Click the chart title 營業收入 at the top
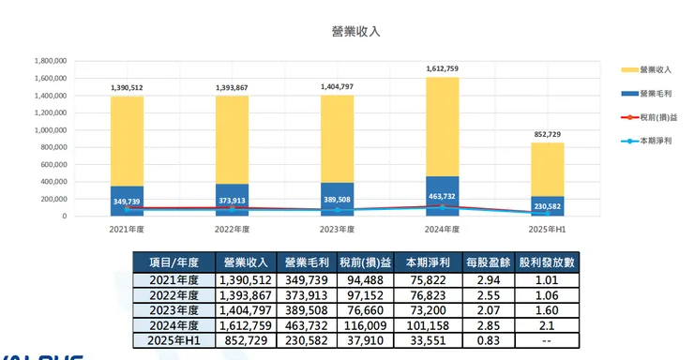[x=355, y=31]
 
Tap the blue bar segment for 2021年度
[x=127, y=201]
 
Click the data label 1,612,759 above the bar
[x=443, y=68]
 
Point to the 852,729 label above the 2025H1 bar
[x=548, y=134]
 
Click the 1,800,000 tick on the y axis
[x=50, y=60]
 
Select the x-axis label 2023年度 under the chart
[x=338, y=228]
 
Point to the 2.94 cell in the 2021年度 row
[x=482, y=279]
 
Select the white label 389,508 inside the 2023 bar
[x=338, y=200]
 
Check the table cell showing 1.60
[x=547, y=310]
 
